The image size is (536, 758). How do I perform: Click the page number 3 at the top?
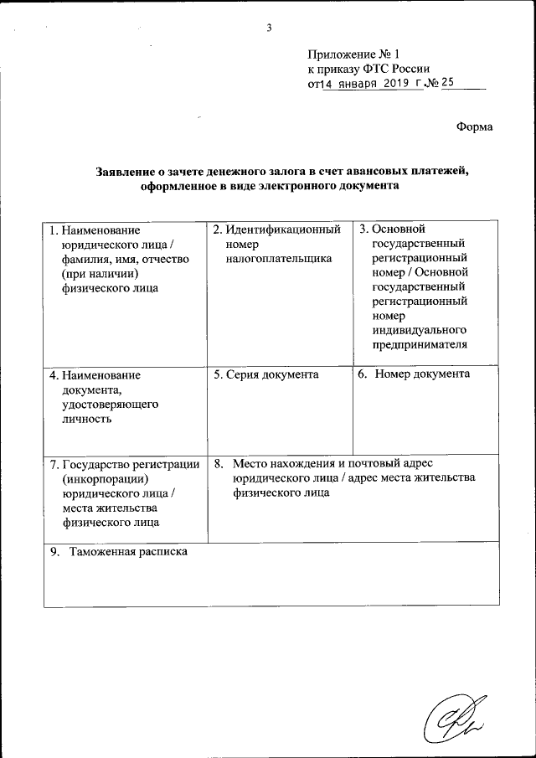click(x=269, y=28)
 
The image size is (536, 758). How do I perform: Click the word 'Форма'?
click(x=474, y=126)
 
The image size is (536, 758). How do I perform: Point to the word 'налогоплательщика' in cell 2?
click(x=279, y=259)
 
